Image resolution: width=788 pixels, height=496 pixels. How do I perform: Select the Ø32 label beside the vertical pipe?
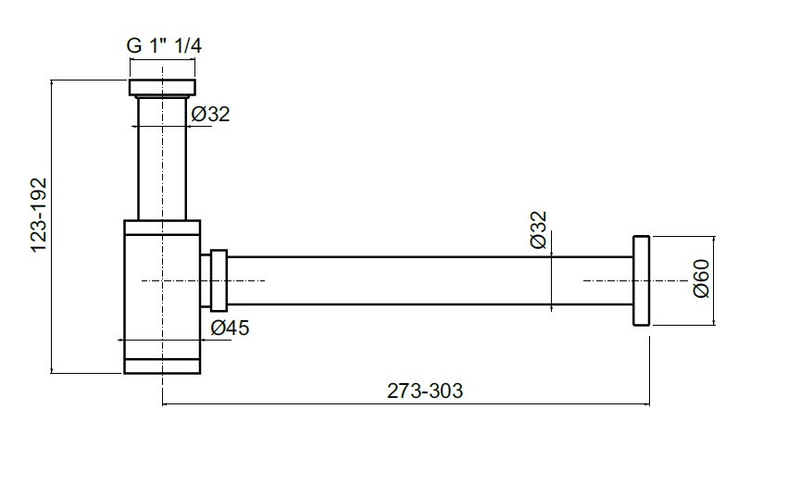[210, 115]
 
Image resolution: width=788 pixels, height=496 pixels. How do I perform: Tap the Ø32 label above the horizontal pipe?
[539, 229]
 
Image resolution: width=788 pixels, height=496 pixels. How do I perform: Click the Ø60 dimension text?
[701, 279]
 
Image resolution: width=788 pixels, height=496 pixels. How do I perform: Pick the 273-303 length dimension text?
[425, 391]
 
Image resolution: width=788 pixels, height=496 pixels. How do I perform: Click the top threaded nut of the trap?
[163, 88]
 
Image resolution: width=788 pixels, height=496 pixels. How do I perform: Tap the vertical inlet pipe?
[163, 157]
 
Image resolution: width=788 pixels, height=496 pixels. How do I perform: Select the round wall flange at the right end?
[643, 280]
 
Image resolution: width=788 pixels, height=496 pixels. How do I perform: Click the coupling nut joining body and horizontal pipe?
[219, 280]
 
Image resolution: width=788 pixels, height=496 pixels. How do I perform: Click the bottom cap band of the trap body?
[163, 366]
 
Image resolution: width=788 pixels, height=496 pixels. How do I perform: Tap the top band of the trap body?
[163, 227]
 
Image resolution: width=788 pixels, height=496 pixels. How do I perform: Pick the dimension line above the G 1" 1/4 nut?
[163, 60]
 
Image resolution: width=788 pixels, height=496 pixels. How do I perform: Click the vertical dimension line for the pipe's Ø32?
[552, 280]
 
